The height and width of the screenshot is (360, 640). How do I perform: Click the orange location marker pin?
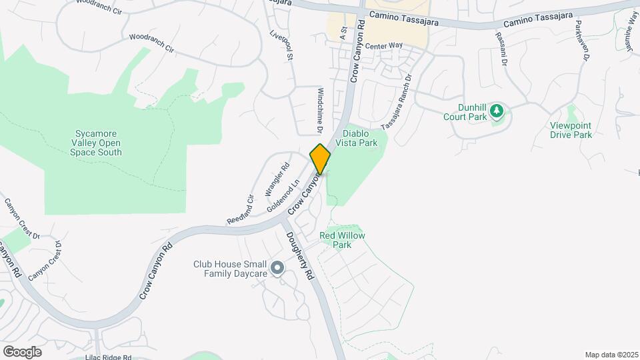(x=320, y=159)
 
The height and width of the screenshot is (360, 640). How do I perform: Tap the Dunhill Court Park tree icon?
(x=495, y=110)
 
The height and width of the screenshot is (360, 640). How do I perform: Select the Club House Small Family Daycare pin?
(x=278, y=269)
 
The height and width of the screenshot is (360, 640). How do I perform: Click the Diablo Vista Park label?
(x=360, y=138)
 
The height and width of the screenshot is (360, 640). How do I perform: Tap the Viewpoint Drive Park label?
(x=571, y=130)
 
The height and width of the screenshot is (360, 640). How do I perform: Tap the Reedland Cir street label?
(x=241, y=209)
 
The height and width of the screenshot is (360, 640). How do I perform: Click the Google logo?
(x=22, y=351)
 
